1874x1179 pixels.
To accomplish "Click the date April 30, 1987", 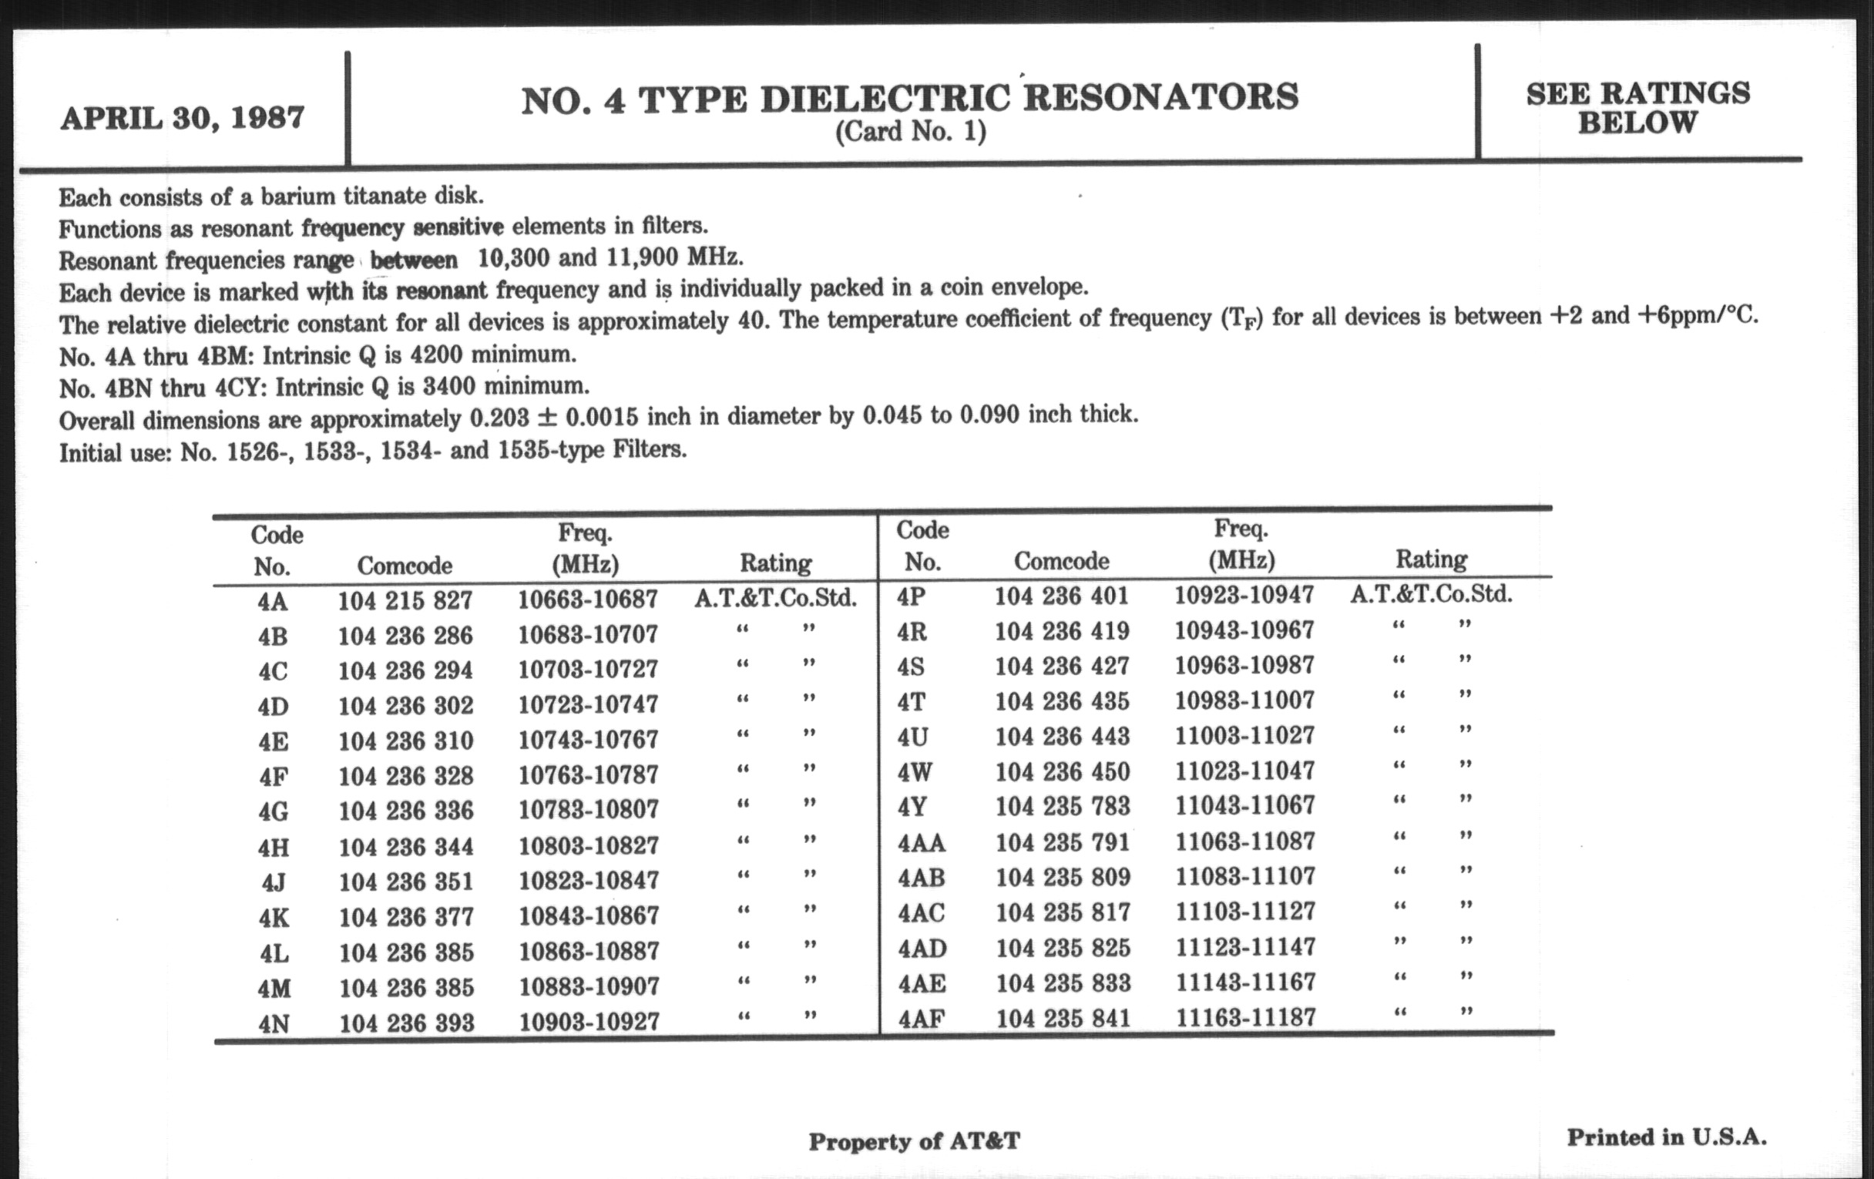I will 182,119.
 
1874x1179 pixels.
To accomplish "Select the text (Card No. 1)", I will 911,132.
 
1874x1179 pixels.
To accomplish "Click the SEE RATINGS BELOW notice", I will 1637,108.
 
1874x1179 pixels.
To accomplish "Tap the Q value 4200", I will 437,355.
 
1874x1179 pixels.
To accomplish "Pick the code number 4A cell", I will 272,602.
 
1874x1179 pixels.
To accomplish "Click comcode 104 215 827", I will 405,601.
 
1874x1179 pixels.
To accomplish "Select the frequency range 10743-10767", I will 589,739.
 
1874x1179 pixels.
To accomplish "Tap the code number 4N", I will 274,1023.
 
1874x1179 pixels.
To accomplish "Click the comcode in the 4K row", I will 406,917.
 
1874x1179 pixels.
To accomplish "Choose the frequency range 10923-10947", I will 1244,596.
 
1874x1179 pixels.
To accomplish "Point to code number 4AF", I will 922,1019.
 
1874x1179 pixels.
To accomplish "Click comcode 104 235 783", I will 1063,806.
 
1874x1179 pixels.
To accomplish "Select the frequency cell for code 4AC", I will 1245,912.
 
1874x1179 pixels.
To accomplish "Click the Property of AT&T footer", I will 914,1142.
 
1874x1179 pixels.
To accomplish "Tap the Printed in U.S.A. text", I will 1666,1137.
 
